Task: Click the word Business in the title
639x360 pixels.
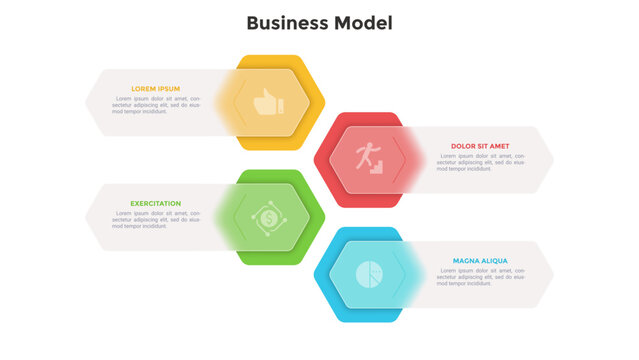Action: pyautogui.click(x=281, y=23)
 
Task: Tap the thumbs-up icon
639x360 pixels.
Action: pyautogui.click(x=267, y=102)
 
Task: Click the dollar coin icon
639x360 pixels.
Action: pyautogui.click(x=267, y=216)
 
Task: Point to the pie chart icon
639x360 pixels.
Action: pyautogui.click(x=369, y=273)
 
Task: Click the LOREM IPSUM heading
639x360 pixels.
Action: pyautogui.click(x=156, y=89)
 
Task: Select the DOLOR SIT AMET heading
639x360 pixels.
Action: pyautogui.click(x=480, y=146)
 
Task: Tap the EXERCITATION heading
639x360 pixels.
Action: pyautogui.click(x=156, y=203)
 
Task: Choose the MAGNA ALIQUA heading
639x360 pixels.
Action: pyautogui.click(x=480, y=261)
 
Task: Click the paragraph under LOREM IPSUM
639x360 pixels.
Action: pyautogui.click(x=156, y=105)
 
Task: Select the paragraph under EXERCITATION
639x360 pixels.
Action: pyautogui.click(x=156, y=219)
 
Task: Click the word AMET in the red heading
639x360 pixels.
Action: pyautogui.click(x=499, y=146)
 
